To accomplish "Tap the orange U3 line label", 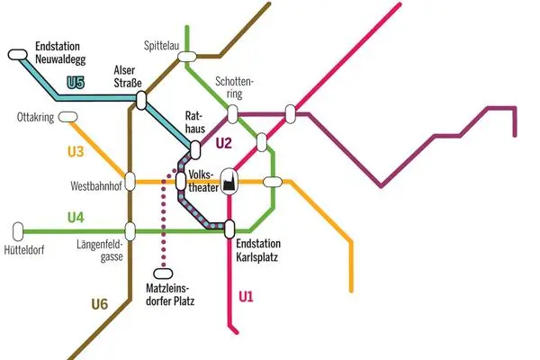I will coord(76,151).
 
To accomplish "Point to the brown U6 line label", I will coord(99,304).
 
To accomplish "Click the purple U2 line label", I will coord(223,142).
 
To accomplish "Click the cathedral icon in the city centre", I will coord(229,180).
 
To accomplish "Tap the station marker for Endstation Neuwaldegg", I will coord(18,55).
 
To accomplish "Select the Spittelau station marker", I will coord(187,58).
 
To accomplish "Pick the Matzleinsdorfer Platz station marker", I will coord(163,274).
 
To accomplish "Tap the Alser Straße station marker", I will coord(141,99).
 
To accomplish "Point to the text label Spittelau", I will coord(164,45).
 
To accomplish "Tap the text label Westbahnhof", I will coord(95,188).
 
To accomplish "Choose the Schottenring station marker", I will coord(232,114).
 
